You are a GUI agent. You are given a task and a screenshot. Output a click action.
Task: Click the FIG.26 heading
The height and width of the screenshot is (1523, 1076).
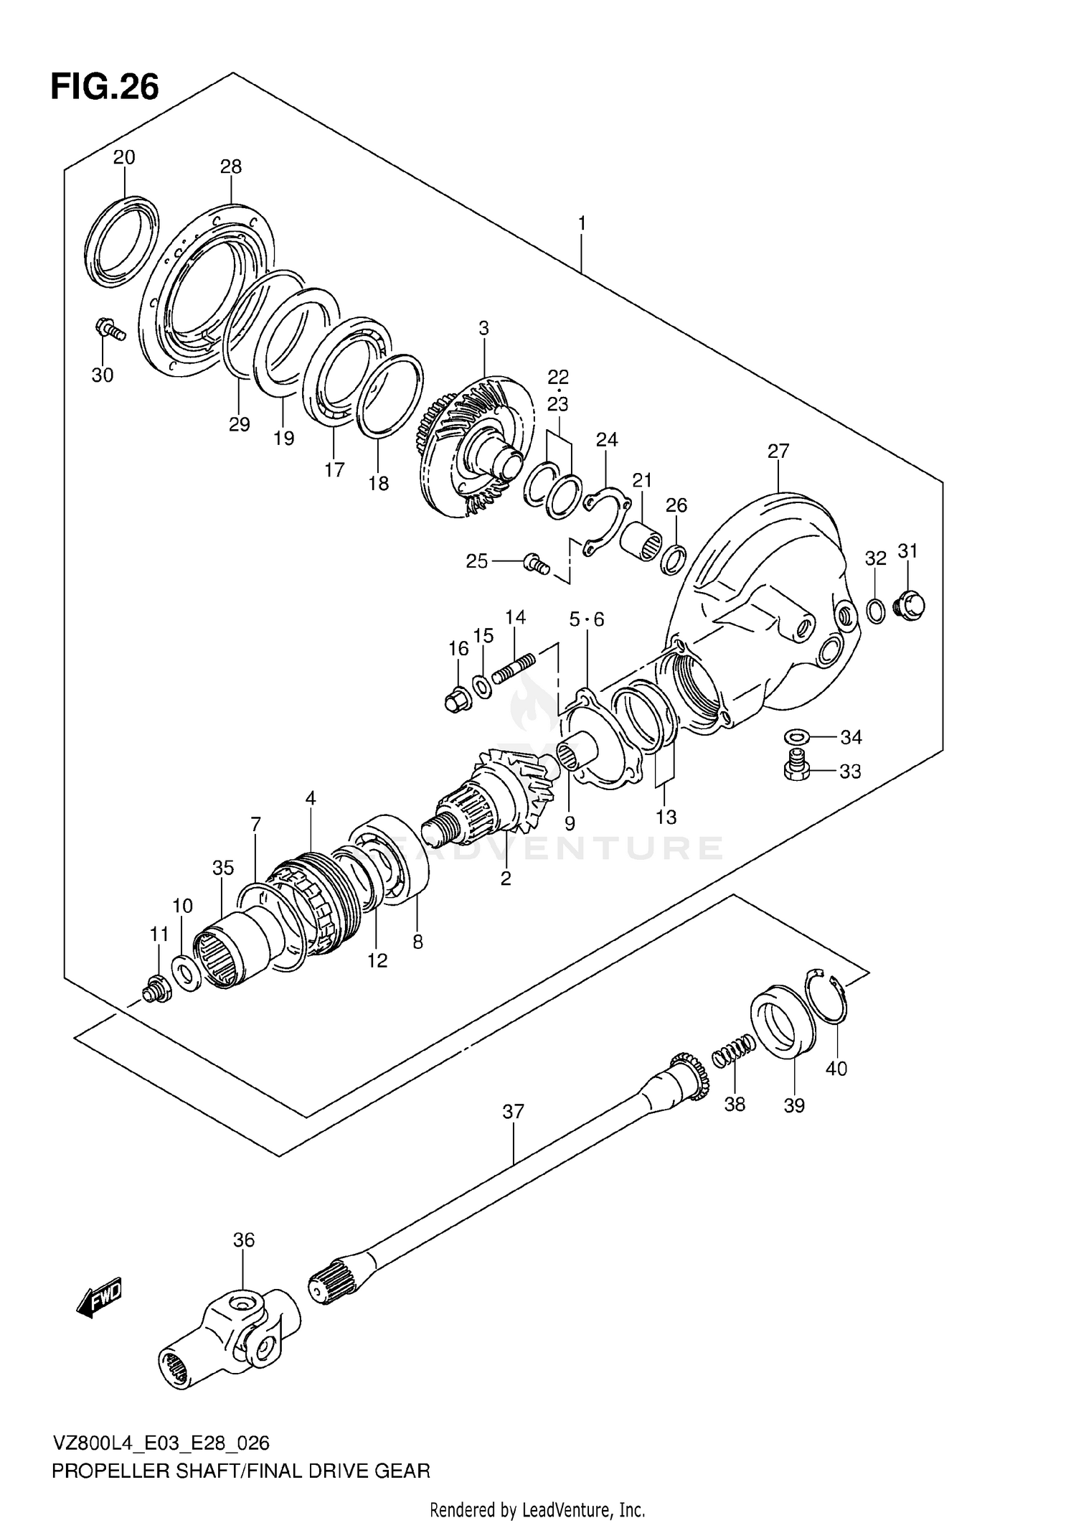[x=105, y=88]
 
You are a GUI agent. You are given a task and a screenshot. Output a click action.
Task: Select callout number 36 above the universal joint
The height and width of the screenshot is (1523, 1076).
[x=244, y=1240]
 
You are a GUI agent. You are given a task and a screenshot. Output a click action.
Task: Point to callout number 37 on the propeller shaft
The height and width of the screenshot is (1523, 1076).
[x=513, y=1112]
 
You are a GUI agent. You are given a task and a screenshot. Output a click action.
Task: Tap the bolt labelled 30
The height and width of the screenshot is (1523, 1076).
[x=109, y=329]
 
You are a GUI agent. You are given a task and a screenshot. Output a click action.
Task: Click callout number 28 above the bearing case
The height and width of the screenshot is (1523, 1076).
[x=231, y=167]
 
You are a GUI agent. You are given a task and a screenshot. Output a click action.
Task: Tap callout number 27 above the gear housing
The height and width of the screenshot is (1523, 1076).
[x=778, y=451]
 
